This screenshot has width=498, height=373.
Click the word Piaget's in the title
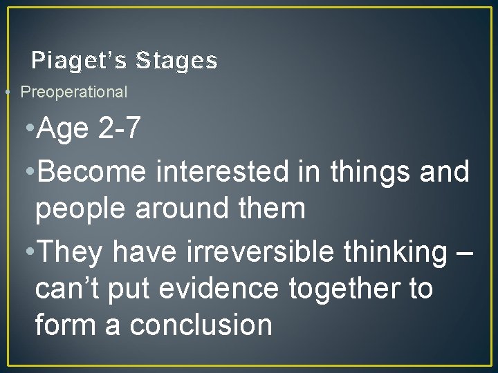point(79,61)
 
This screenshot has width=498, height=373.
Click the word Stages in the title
point(176,61)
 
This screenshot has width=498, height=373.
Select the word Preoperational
point(74,91)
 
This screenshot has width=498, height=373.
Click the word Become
point(93,172)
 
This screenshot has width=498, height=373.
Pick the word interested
point(222,172)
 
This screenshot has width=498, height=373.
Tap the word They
point(71,253)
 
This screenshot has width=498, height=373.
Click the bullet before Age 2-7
point(28,128)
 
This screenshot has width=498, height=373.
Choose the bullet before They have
point(28,254)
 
